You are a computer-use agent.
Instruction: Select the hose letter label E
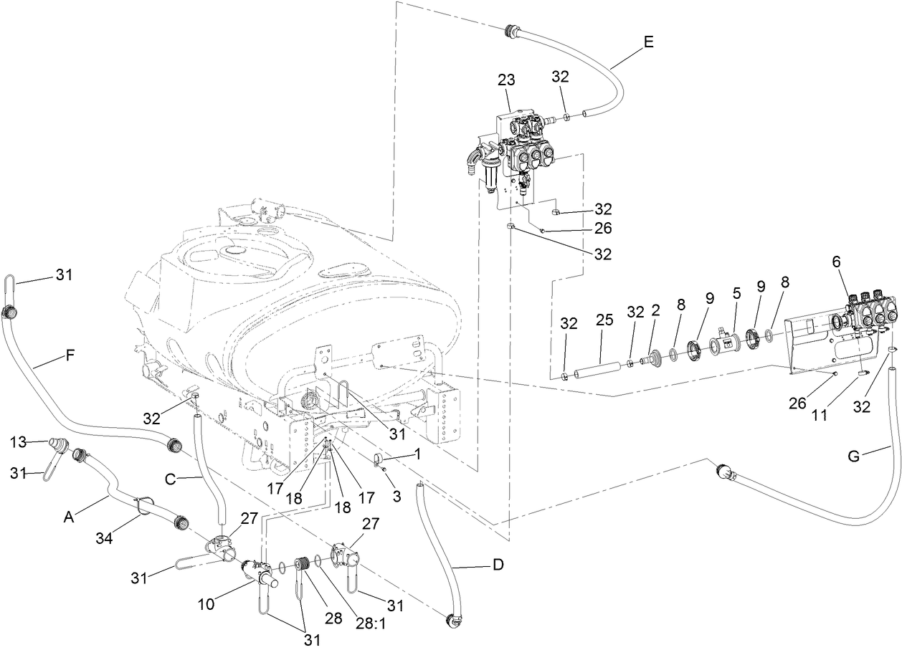tap(648, 42)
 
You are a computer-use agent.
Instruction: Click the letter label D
tap(498, 565)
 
